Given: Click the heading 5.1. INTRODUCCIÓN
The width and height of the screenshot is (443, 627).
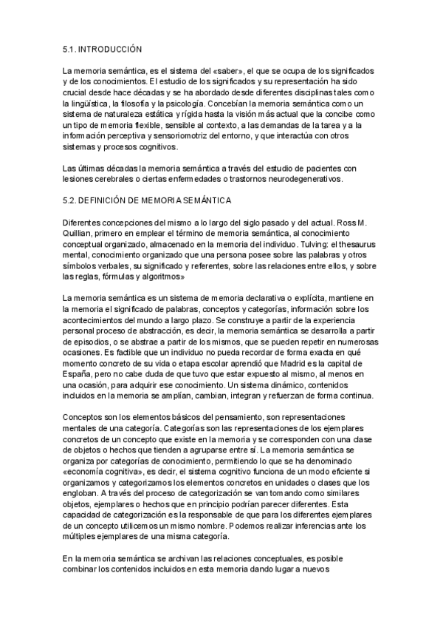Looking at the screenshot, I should (x=102, y=50).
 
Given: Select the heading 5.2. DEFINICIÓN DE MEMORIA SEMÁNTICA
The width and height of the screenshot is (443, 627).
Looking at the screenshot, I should (x=148, y=200).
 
